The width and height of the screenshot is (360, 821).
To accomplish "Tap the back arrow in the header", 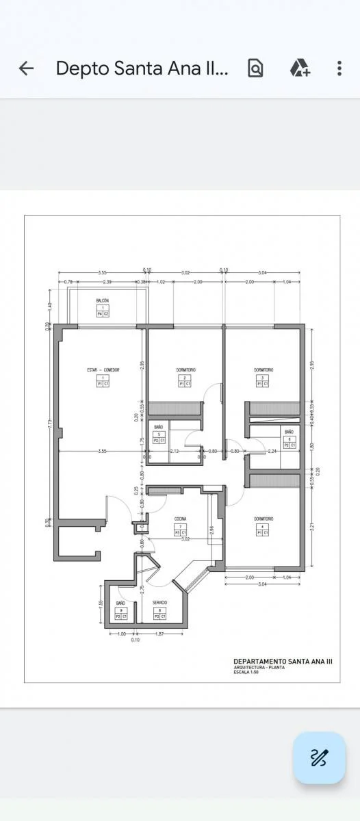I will [x=26, y=68].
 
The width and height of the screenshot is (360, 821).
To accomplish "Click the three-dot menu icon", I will [x=339, y=68].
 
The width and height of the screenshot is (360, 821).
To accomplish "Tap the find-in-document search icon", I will [x=255, y=68].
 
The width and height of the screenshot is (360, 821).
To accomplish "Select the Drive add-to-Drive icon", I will [x=299, y=68].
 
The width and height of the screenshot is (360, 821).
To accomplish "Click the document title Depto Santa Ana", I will [x=142, y=68].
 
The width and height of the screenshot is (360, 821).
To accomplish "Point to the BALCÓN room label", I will [x=103, y=300].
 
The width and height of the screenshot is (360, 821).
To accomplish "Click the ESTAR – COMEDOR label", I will [x=103, y=369].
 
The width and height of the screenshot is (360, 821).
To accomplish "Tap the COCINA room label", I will [x=180, y=519].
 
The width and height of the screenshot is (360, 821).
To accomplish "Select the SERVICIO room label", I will [x=160, y=602].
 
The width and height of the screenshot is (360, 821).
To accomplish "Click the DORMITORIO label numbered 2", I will [x=185, y=369].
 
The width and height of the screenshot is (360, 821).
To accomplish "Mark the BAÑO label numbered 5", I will [x=159, y=427].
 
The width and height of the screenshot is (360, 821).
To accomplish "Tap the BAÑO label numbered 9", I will [x=120, y=602].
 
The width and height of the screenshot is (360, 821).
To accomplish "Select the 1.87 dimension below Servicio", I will [x=160, y=634].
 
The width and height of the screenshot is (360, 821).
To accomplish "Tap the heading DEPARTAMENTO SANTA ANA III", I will [x=283, y=662].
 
